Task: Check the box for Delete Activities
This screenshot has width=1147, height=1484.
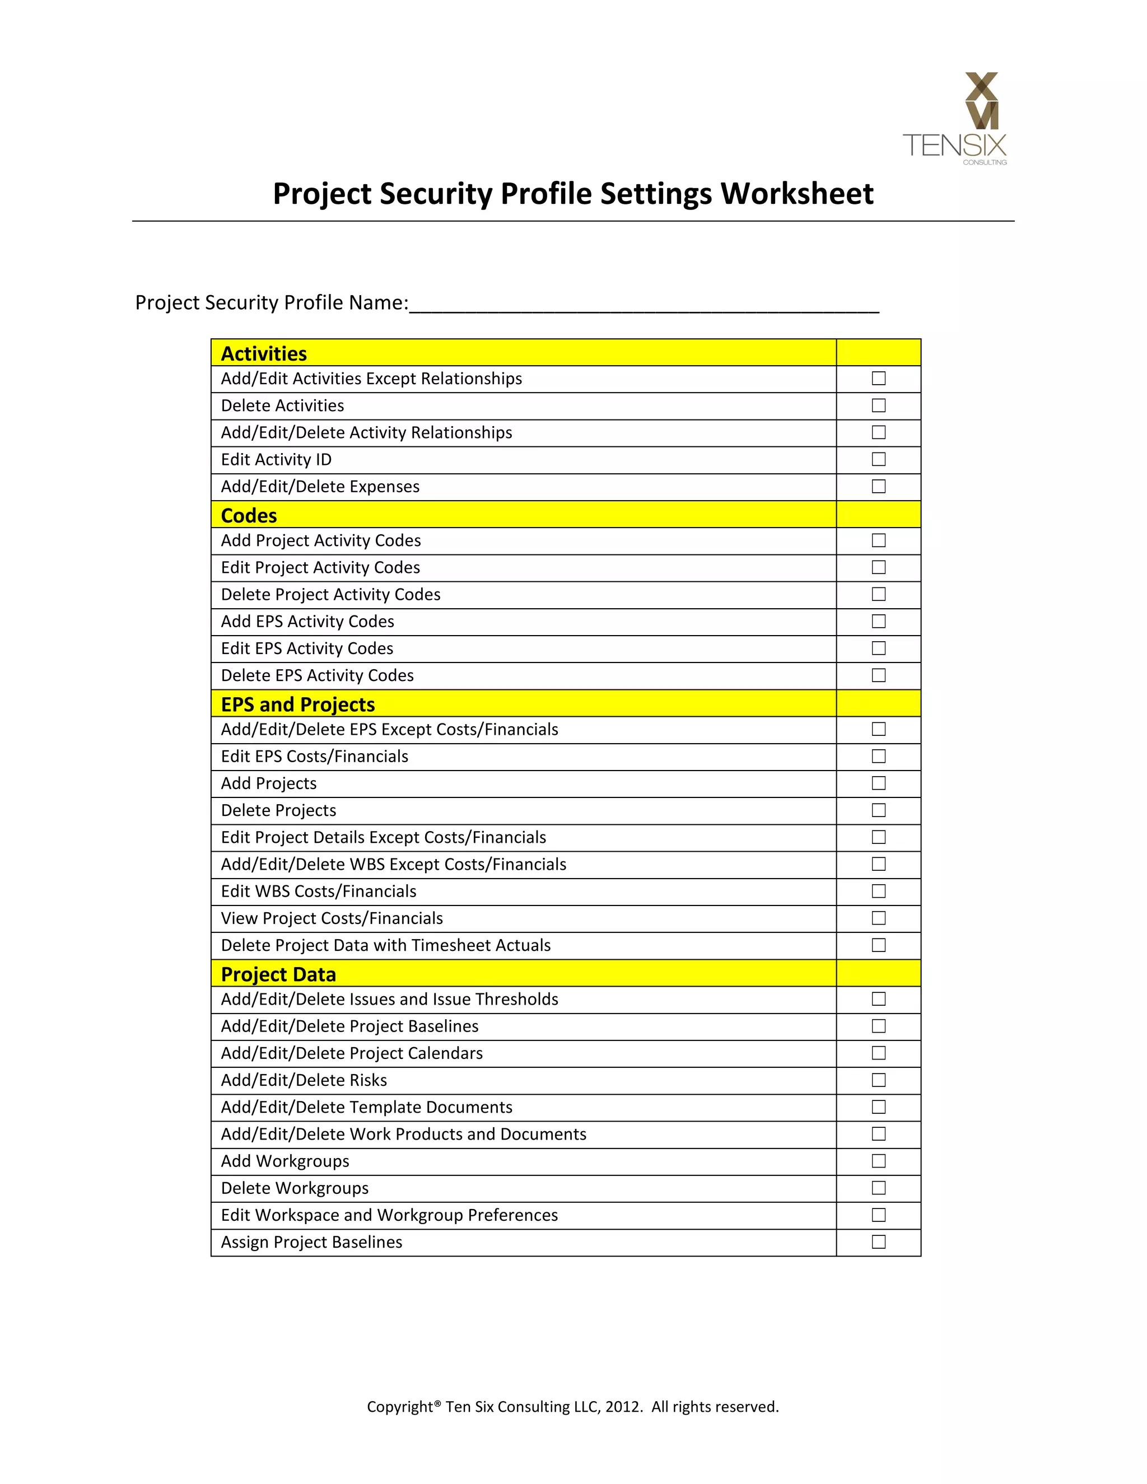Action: point(879,405)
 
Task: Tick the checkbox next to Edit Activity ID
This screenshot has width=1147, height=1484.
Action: point(879,459)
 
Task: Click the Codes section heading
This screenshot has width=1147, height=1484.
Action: point(249,516)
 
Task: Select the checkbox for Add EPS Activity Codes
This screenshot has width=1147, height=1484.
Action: point(879,621)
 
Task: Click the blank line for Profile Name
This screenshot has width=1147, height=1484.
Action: point(644,304)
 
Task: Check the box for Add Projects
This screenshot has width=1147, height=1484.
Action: point(879,783)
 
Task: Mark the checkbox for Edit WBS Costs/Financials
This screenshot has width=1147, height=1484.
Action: point(879,891)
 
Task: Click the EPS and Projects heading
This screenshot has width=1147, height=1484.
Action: point(297,704)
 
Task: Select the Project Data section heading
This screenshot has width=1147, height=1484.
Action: point(278,974)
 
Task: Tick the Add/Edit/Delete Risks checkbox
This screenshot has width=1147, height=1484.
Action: point(879,1080)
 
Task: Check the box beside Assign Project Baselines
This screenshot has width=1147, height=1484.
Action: point(879,1242)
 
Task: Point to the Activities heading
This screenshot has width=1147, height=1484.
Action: point(264,354)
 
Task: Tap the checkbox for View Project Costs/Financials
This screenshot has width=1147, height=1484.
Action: point(879,918)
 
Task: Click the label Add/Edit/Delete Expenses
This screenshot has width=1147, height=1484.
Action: point(320,487)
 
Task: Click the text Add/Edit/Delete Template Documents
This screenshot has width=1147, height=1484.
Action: point(366,1107)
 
